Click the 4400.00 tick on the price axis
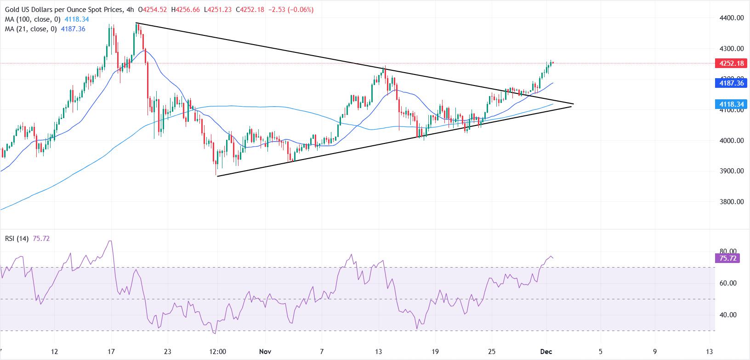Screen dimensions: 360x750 [x=731, y=18]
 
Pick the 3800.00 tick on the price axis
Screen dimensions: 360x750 [x=731, y=201]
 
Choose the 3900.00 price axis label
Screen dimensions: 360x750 [x=731, y=171]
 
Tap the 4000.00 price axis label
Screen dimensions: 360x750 [x=731, y=141]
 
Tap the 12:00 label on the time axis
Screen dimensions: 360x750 [x=217, y=352]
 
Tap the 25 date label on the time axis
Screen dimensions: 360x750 [x=492, y=352]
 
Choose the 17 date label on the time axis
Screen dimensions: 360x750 [x=111, y=352]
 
